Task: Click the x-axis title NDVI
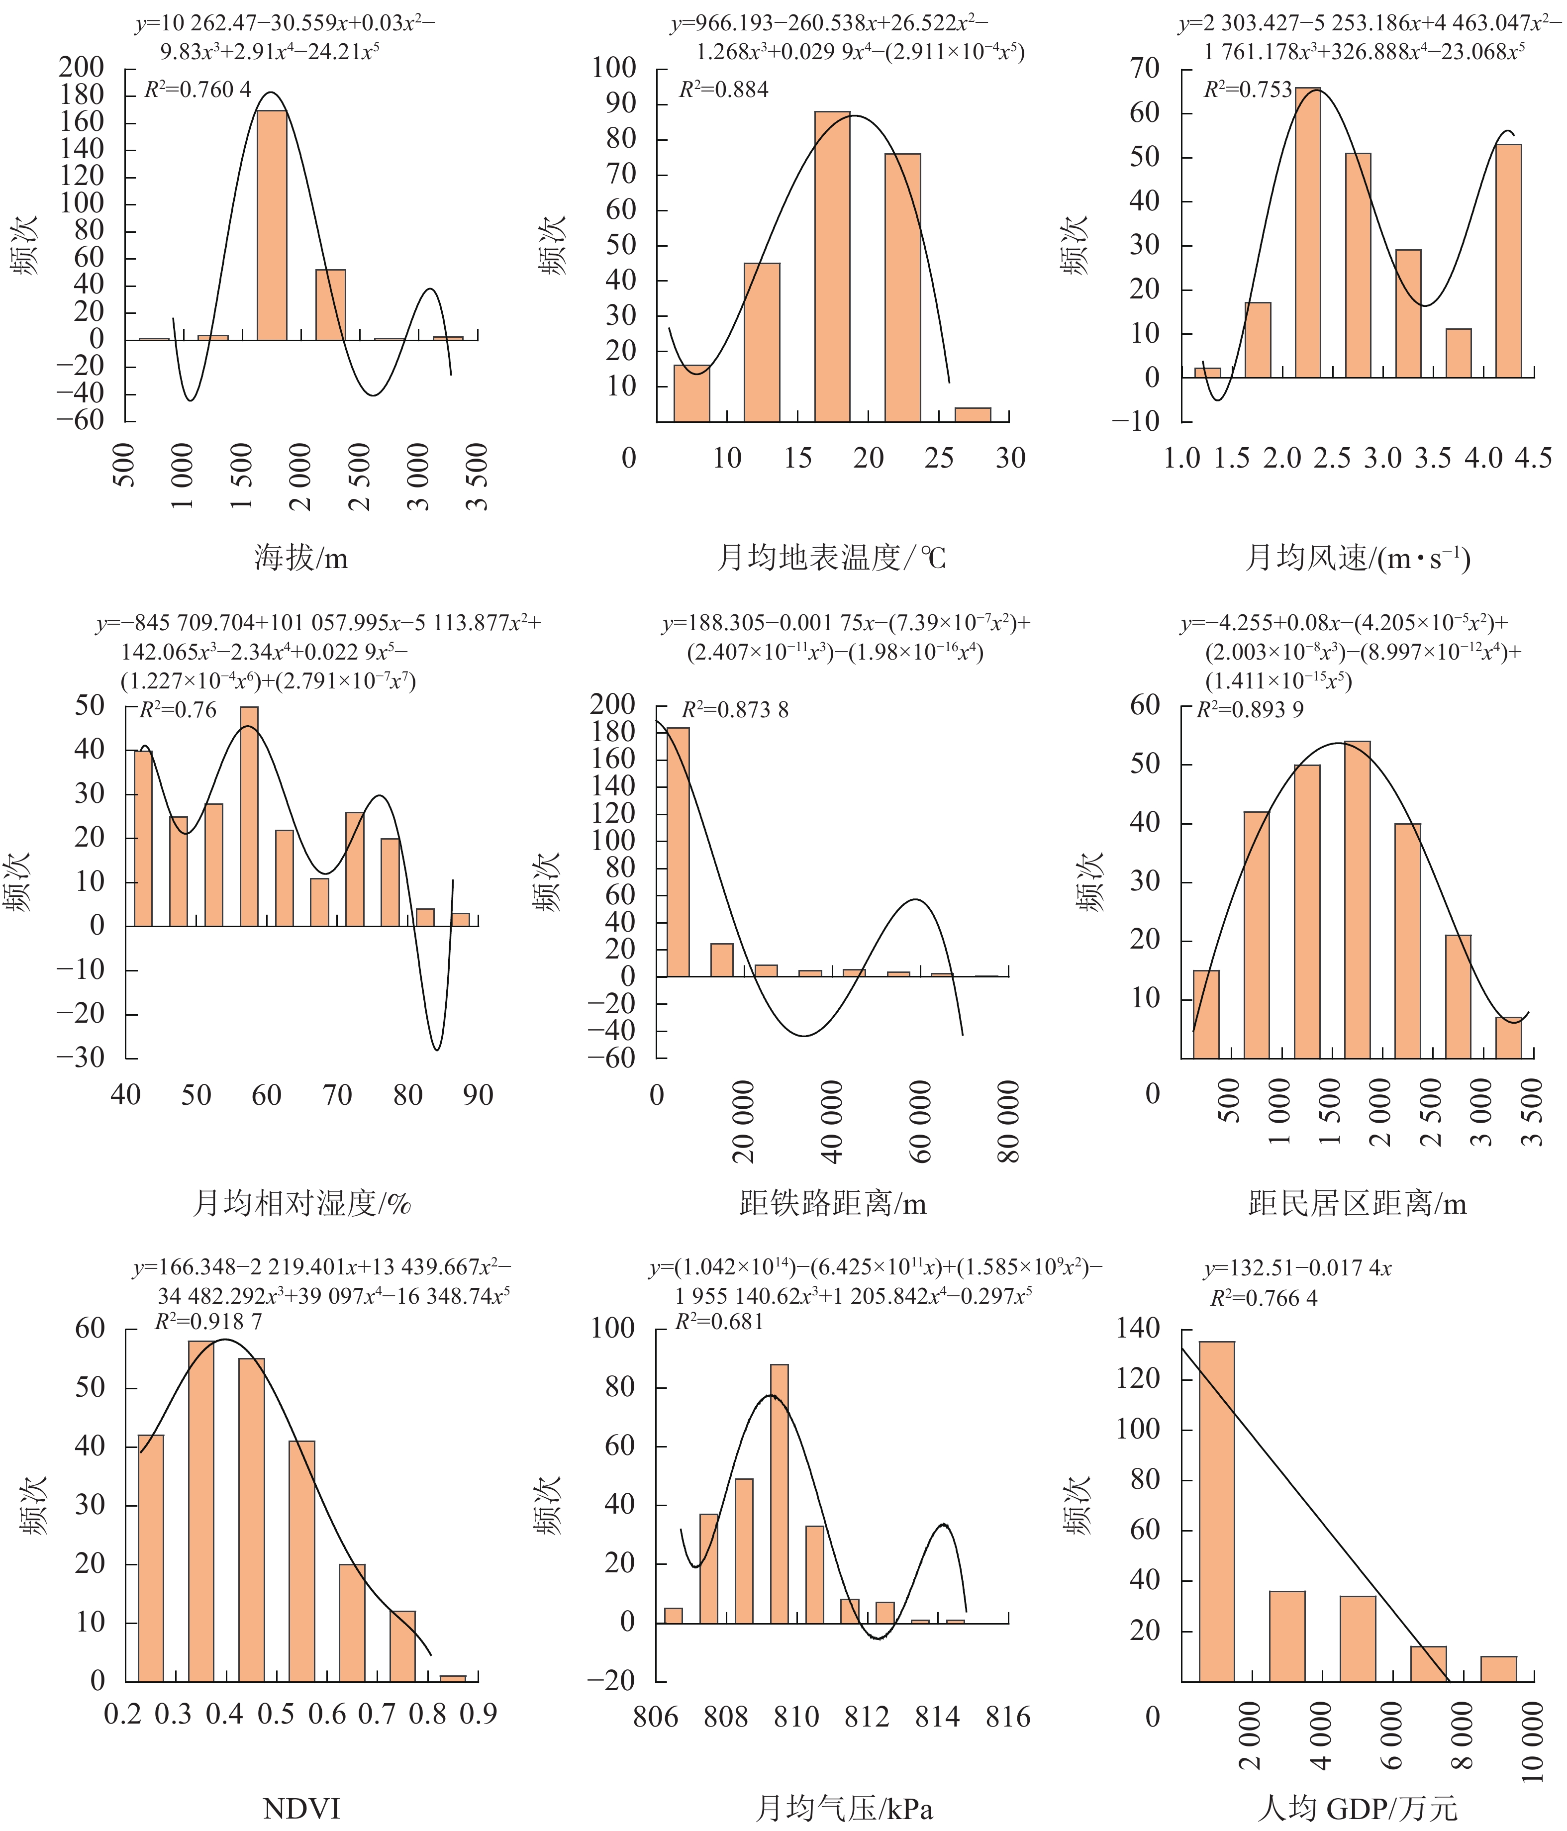click(x=301, y=1809)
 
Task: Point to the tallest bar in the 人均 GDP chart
click(x=1216, y=1511)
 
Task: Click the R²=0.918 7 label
click(x=208, y=1322)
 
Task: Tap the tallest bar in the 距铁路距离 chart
click(x=678, y=852)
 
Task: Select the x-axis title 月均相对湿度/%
click(x=301, y=1204)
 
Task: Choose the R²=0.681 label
click(x=718, y=1322)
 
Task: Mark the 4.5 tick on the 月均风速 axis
click(x=1533, y=458)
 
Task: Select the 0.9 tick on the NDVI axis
click(x=478, y=1714)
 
